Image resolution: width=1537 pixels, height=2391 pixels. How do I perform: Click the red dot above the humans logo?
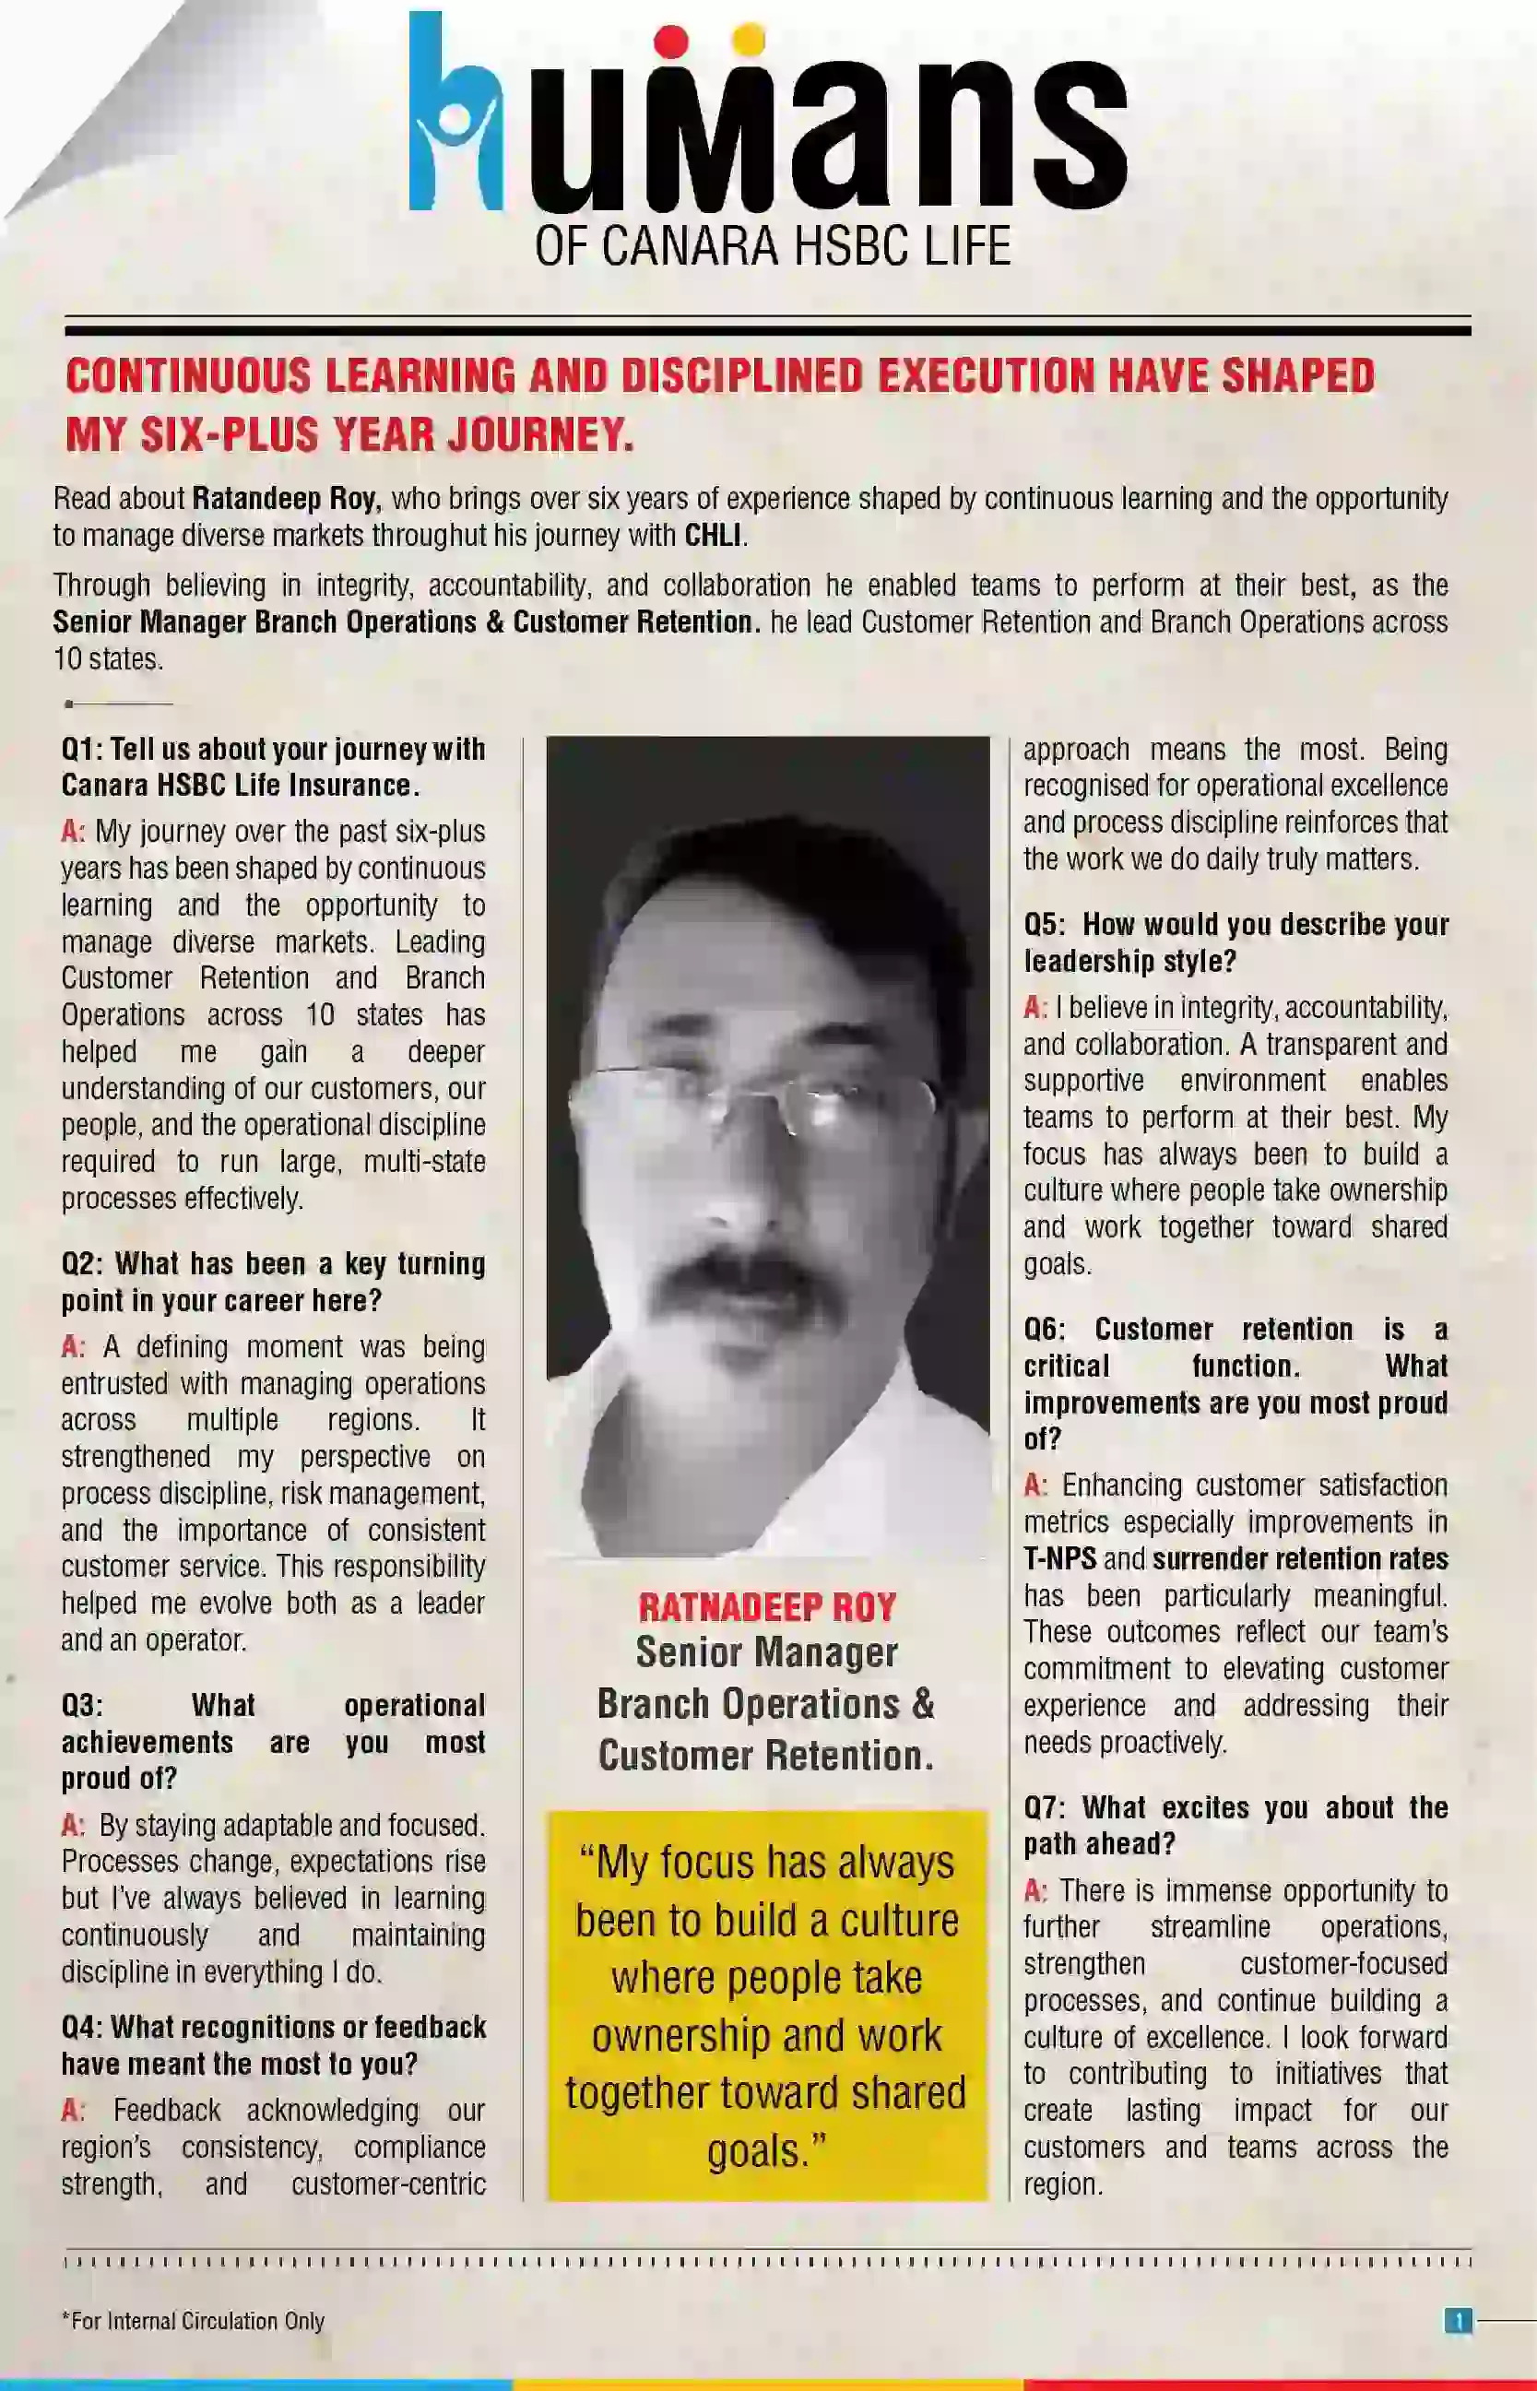[x=674, y=41]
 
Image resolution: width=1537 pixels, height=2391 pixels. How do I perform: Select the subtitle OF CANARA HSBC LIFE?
[x=773, y=246]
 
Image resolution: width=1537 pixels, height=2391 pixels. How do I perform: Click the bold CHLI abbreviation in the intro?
[x=713, y=536]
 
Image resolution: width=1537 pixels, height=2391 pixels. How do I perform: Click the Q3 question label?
[x=81, y=1706]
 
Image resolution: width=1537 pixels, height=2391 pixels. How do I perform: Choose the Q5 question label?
[x=1044, y=925]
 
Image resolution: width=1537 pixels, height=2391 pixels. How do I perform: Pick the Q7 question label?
[x=1044, y=1808]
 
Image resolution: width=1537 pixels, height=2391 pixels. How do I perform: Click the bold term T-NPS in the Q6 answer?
[x=1058, y=1558]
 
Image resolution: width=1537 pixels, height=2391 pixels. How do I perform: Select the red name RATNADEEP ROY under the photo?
[x=766, y=1607]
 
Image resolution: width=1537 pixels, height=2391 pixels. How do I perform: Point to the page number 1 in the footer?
[x=1458, y=2321]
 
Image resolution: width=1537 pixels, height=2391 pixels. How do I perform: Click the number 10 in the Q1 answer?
[x=319, y=1016]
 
